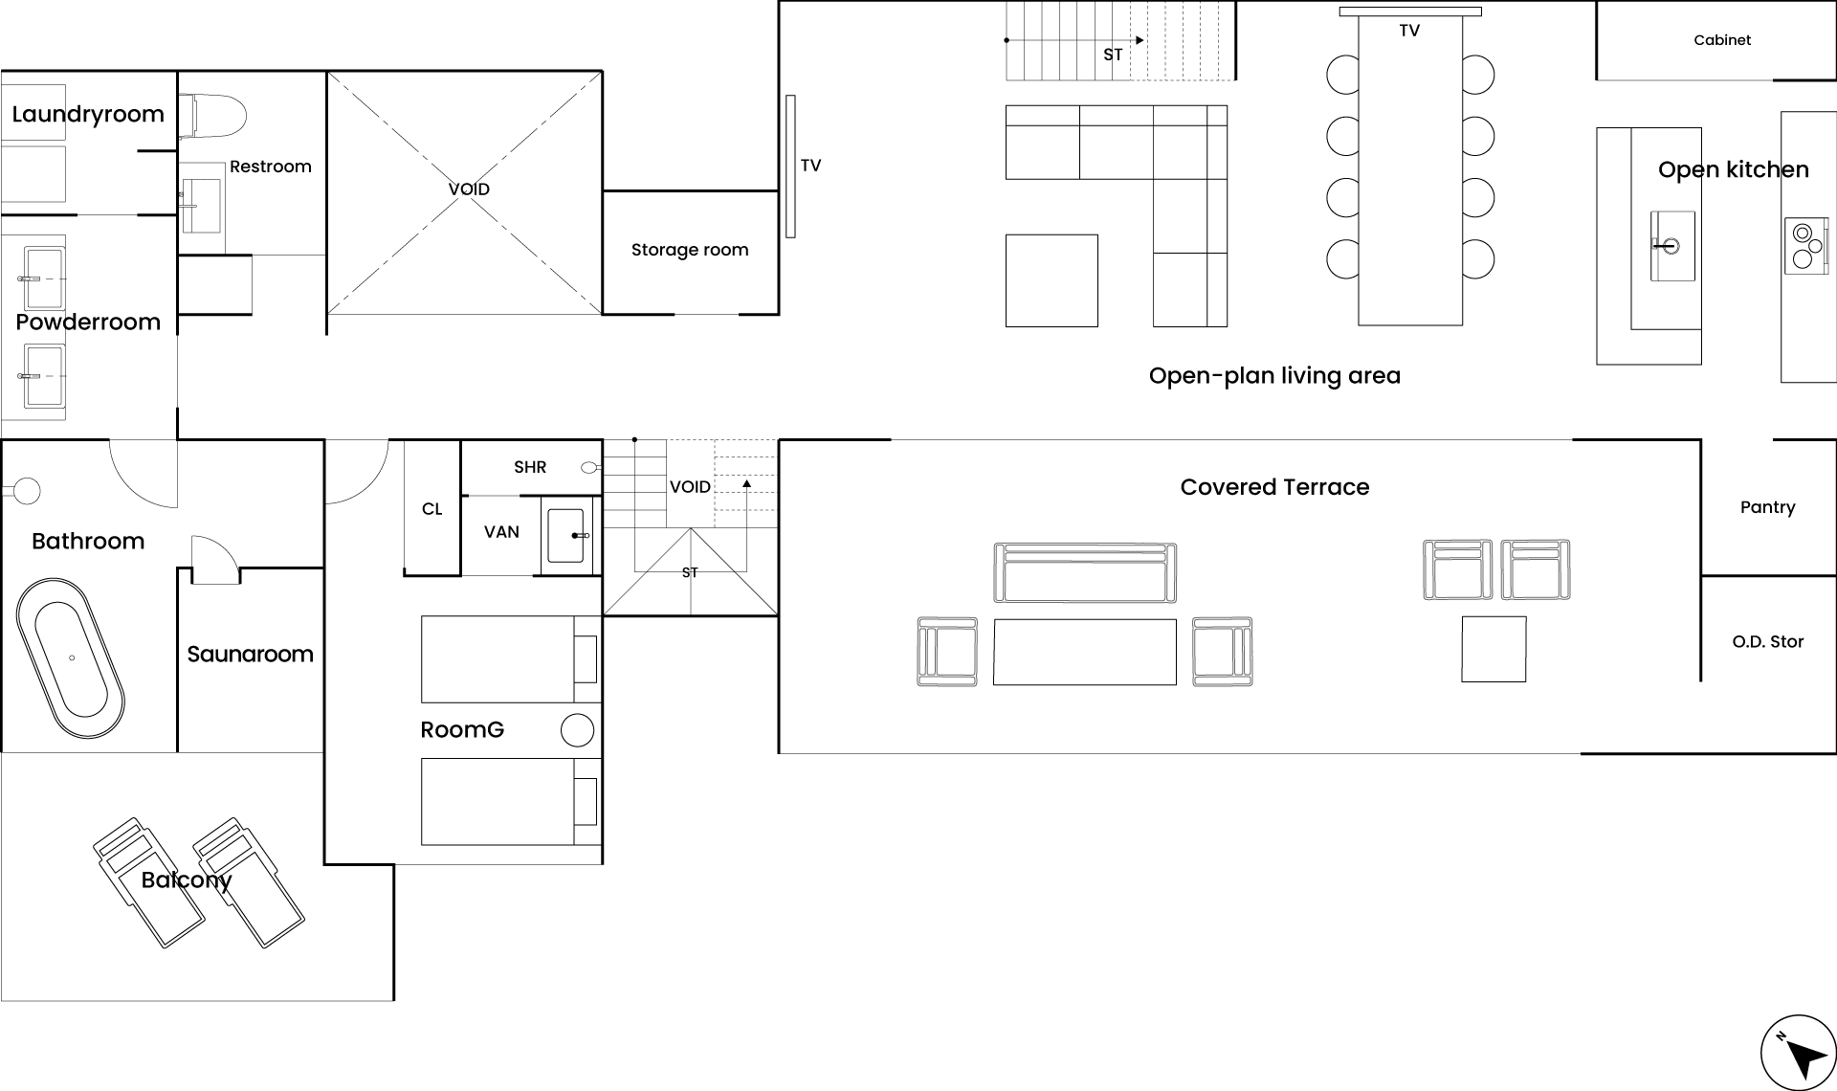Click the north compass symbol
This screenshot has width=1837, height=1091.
pyautogui.click(x=1798, y=1053)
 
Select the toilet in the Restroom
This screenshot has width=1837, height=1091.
pyautogui.click(x=212, y=116)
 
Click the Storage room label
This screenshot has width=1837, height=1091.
pyautogui.click(x=690, y=250)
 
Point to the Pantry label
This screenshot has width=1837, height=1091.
pyautogui.click(x=1767, y=507)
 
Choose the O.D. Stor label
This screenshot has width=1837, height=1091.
pyautogui.click(x=1768, y=642)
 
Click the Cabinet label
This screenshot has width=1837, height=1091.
pyautogui.click(x=1722, y=40)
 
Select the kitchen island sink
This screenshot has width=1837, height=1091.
pyautogui.click(x=1672, y=246)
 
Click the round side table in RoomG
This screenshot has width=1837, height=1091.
pyautogui.click(x=577, y=730)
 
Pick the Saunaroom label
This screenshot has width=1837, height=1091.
pyautogui.click(x=250, y=655)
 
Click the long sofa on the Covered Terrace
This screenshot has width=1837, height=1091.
pyautogui.click(x=1085, y=572)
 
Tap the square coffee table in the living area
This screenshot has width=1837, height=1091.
pyautogui.click(x=1051, y=280)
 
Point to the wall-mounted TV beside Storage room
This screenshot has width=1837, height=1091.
pyautogui.click(x=791, y=166)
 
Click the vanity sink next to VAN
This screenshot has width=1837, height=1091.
pyautogui.click(x=566, y=536)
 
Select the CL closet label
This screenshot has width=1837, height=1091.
pyautogui.click(x=432, y=509)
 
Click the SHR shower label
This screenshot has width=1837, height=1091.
pyautogui.click(x=530, y=467)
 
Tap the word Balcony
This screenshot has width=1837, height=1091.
pyautogui.click(x=187, y=880)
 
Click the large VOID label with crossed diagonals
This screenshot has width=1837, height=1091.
pyautogui.click(x=469, y=189)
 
